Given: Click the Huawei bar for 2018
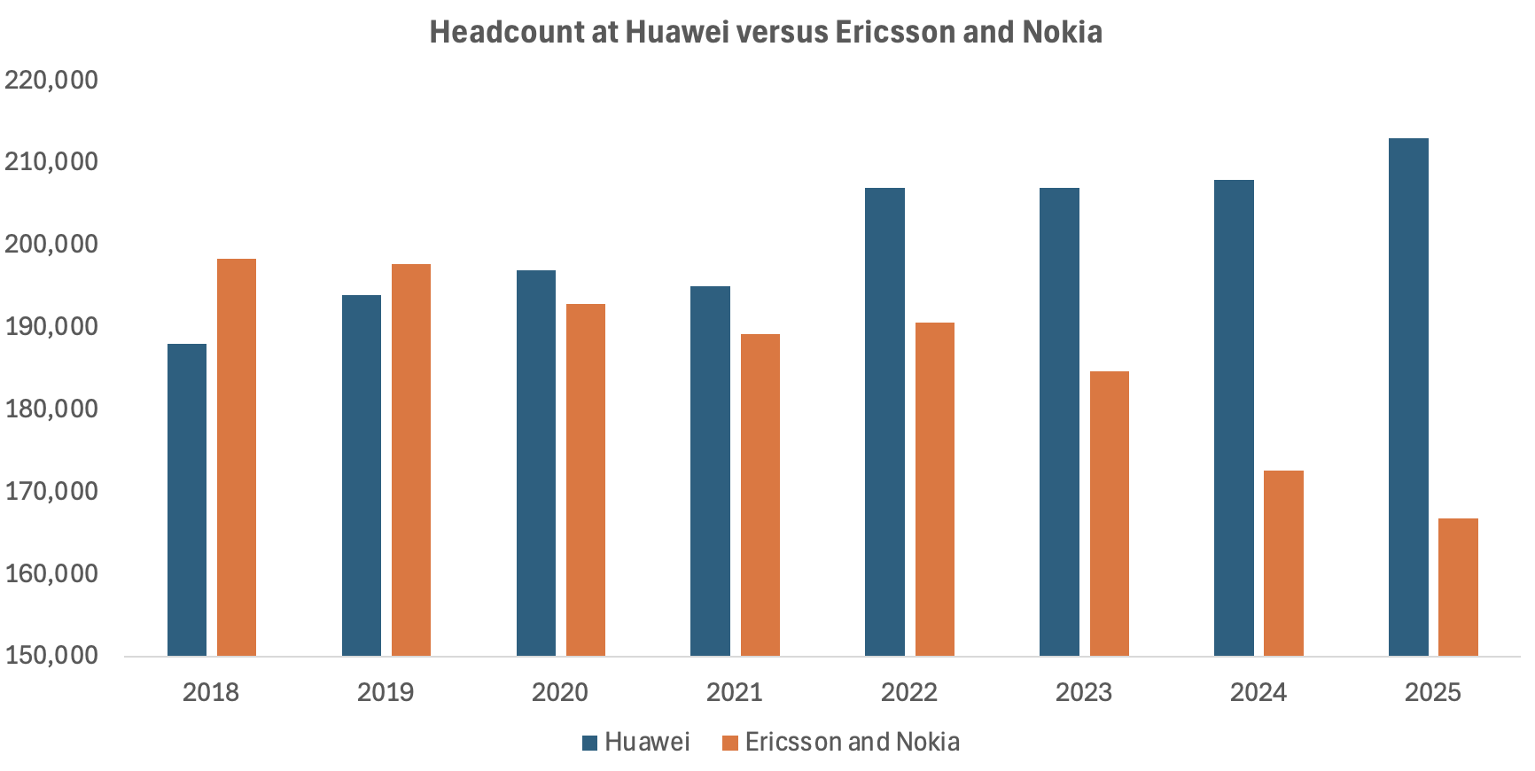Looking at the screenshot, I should (x=187, y=500).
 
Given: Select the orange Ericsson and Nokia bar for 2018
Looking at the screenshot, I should (x=237, y=457).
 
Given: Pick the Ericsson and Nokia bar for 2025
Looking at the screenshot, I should (x=1458, y=587).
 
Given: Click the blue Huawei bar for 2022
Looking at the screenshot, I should (x=884, y=422).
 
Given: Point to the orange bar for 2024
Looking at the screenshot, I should (x=1283, y=563).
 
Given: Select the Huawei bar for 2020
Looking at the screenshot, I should (x=536, y=463).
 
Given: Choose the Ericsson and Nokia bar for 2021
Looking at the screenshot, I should (x=760, y=495).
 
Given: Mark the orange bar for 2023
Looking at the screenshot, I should (x=1110, y=513).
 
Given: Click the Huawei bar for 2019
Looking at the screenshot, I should (x=362, y=475).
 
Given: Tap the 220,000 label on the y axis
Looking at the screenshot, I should (x=51, y=80).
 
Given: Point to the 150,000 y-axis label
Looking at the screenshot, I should (x=51, y=656).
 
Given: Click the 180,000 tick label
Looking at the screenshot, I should (x=51, y=409).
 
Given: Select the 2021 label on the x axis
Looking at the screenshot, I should (x=735, y=692).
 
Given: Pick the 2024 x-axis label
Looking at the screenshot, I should (x=1258, y=692).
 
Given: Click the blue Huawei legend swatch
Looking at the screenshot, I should (x=590, y=743).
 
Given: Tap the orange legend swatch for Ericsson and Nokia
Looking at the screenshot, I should (x=730, y=743).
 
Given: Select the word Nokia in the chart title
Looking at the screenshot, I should (x=1063, y=32).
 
